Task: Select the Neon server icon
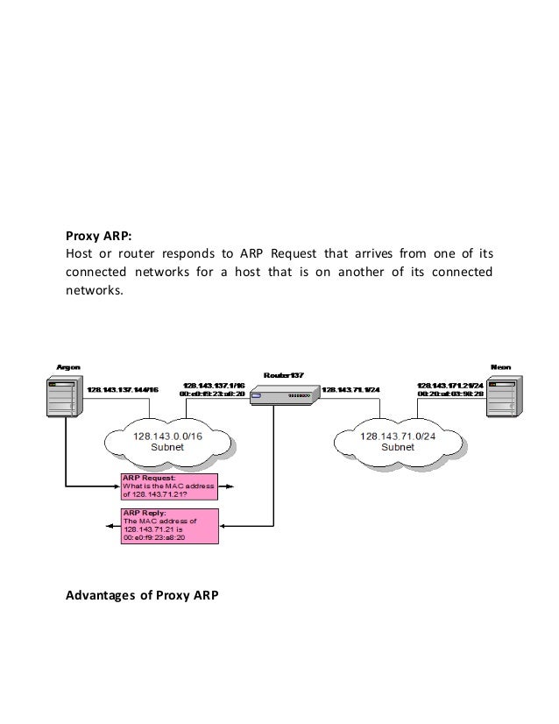click(505, 402)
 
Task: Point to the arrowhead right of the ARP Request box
click(241, 484)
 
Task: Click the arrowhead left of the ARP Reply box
click(108, 526)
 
